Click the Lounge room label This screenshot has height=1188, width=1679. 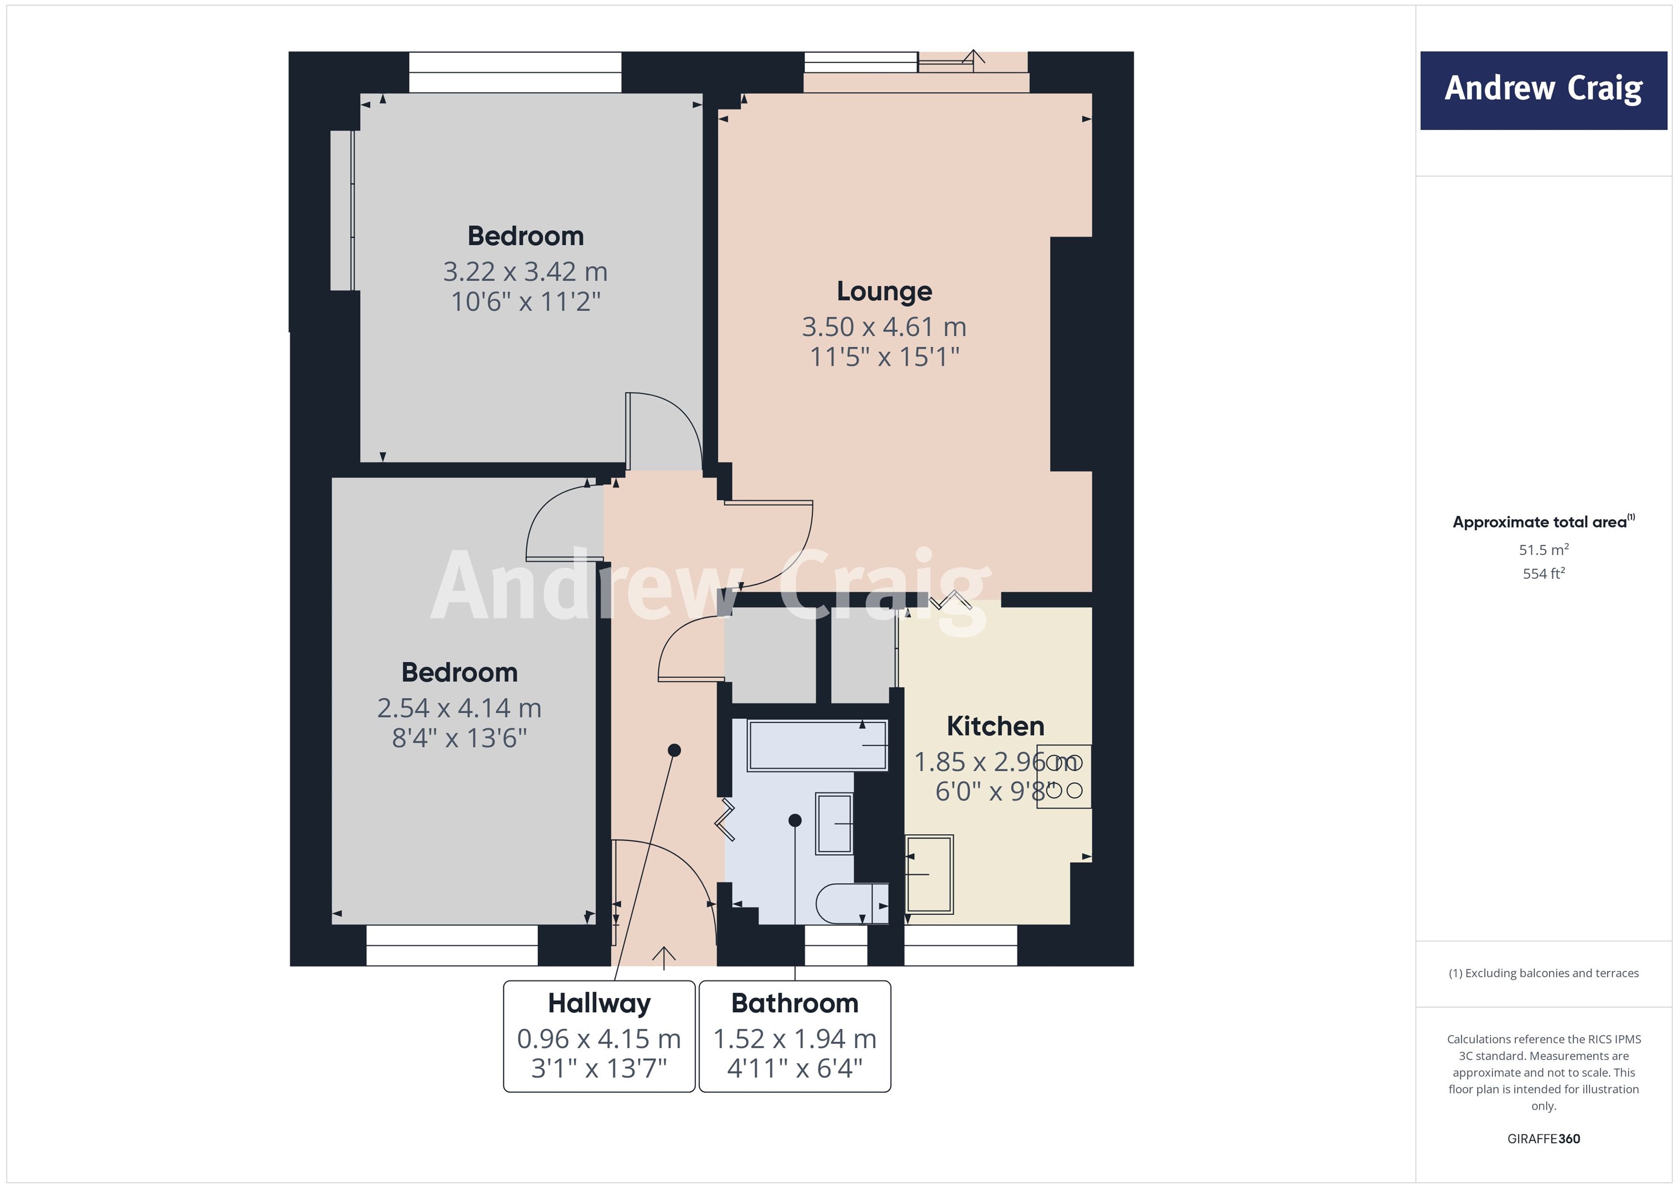coord(884,291)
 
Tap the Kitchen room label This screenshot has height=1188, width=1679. coord(995,726)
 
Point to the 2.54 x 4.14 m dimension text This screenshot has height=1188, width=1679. coord(459,708)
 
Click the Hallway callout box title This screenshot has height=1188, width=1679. coord(599,1003)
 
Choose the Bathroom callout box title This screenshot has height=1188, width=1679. coord(795,1003)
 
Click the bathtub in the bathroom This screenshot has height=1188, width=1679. coord(817,745)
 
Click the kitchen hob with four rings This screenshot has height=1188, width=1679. coord(1063,776)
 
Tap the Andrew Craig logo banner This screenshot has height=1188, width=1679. coord(1543,90)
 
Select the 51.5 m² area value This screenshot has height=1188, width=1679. coord(1543,549)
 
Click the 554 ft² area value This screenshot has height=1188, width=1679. coord(1543,574)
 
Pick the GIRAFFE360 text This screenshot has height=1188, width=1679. coord(1543,1139)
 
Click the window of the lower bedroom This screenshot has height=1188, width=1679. coord(451,945)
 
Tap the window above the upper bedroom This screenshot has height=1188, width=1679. coord(515,72)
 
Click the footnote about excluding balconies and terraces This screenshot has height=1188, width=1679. coord(1543,973)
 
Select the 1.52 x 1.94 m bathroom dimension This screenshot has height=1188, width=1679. coord(795,1039)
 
